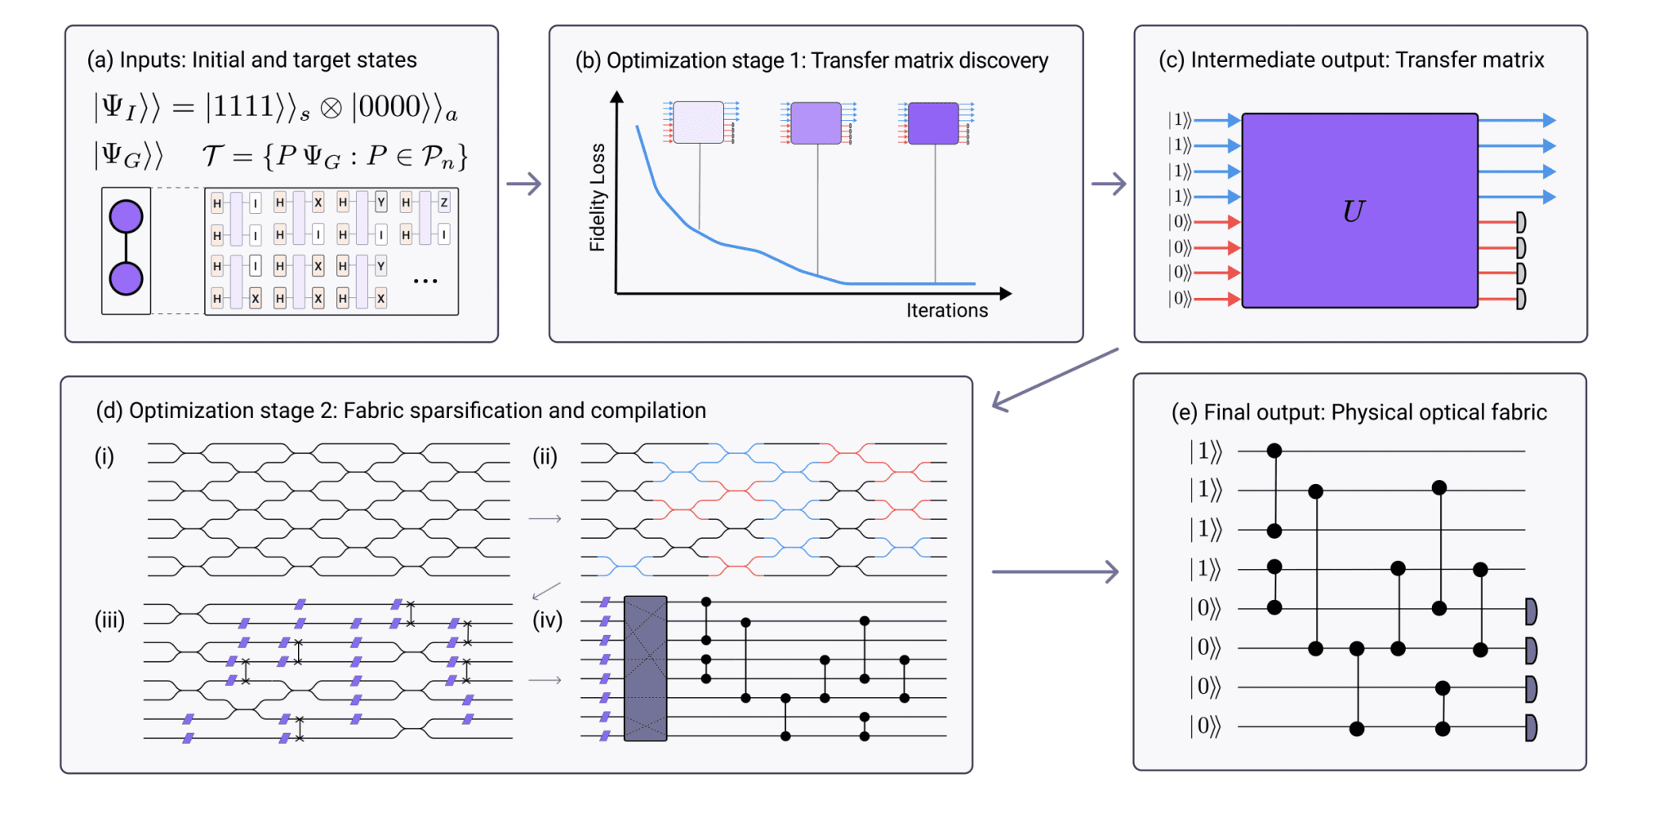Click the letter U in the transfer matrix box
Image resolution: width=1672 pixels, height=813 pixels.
[x=1353, y=211]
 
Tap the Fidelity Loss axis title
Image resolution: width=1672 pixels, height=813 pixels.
[x=598, y=198]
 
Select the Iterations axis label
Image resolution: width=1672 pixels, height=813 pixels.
[x=946, y=311]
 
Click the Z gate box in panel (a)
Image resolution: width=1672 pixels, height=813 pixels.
[x=444, y=202]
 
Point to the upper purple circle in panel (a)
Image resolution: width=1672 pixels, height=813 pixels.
[x=126, y=216]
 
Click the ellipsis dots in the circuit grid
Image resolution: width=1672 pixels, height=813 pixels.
[x=425, y=282]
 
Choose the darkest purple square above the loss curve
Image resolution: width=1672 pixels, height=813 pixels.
[x=933, y=123]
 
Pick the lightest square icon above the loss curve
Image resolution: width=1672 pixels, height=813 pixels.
[x=698, y=122]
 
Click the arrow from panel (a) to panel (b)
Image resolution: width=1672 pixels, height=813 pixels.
[x=523, y=184]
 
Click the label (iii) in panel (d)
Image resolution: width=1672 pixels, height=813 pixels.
[x=109, y=620]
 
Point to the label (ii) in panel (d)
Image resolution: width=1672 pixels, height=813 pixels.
[x=545, y=457]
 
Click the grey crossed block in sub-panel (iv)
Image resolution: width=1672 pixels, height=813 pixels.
[x=645, y=669]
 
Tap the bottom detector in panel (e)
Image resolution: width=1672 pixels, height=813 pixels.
[x=1532, y=727]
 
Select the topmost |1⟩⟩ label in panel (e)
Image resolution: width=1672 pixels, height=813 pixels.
[x=1205, y=451]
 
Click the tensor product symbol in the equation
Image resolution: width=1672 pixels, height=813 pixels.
[x=331, y=109]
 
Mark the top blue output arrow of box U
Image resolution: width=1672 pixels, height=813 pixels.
[x=1517, y=121]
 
